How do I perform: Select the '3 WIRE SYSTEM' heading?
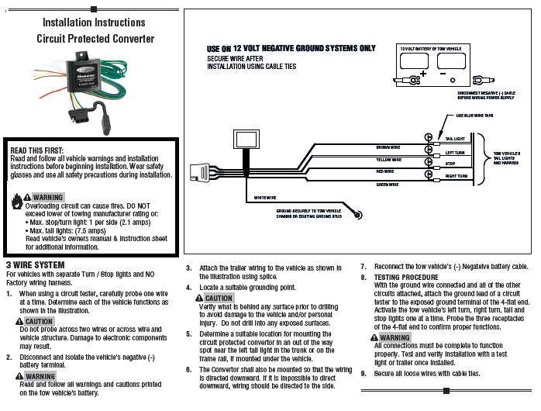(x=35, y=265)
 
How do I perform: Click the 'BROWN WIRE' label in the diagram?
(x=388, y=147)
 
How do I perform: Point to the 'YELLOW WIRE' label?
(x=388, y=160)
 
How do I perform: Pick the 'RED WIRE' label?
(x=385, y=171)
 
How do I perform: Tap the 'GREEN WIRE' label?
(x=388, y=185)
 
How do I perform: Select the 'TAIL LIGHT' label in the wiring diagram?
(x=455, y=138)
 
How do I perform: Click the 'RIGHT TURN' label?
(x=457, y=177)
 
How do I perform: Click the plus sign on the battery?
(x=423, y=75)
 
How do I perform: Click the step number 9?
(x=364, y=373)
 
